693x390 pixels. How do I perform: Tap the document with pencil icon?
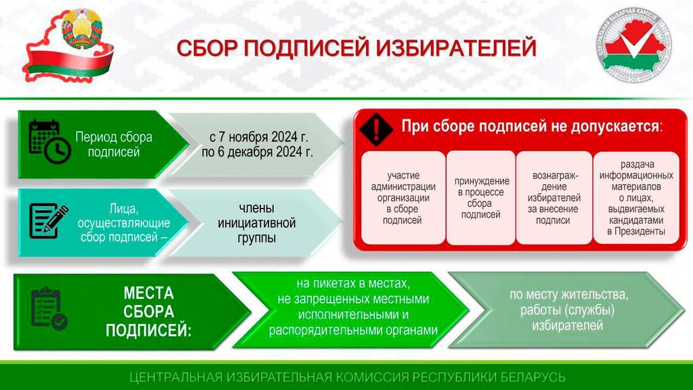[x=49, y=221]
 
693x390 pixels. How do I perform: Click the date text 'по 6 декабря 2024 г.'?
[x=258, y=153]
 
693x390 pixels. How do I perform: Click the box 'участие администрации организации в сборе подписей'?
[x=404, y=198]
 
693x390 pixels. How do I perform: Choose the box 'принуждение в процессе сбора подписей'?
[x=481, y=198]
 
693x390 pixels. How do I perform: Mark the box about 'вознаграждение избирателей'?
[x=554, y=198]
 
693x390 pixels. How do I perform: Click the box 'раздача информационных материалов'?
[x=635, y=198]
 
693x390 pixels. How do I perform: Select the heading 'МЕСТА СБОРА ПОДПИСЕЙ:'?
[x=148, y=311]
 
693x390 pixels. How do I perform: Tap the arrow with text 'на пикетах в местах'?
[x=350, y=307]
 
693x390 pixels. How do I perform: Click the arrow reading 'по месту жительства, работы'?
[x=569, y=310]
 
